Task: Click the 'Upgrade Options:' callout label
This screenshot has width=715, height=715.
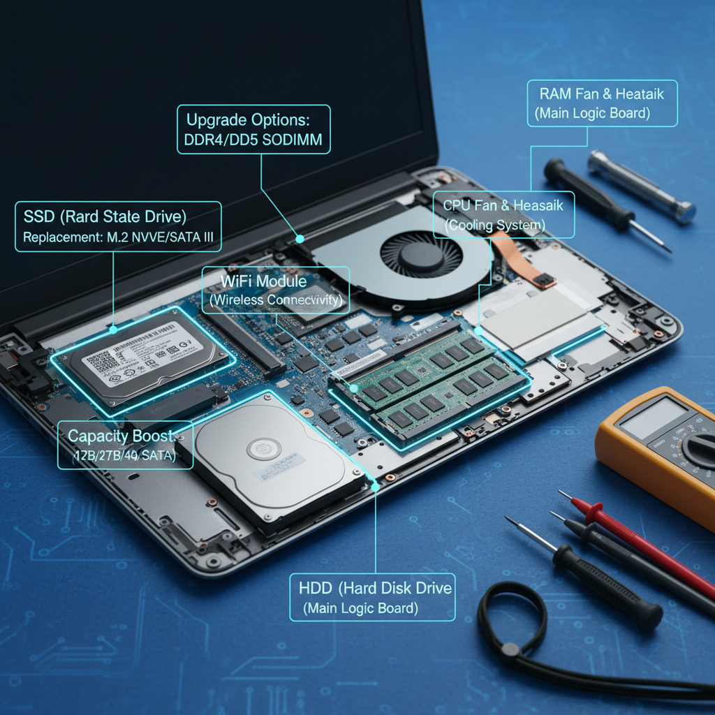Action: coord(253,118)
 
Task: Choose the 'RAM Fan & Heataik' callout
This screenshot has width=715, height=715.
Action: coord(601,93)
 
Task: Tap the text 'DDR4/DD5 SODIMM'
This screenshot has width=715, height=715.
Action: coord(253,140)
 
